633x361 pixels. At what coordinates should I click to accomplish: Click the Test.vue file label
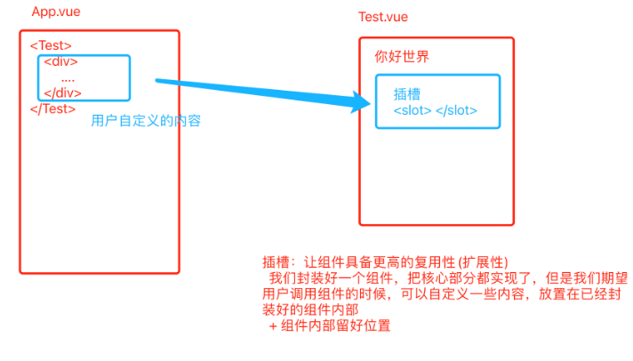click(x=382, y=18)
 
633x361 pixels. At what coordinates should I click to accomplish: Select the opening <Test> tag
click(x=51, y=45)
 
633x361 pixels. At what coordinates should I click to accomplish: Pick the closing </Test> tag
click(x=52, y=109)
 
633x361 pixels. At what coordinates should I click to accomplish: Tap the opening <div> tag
click(x=61, y=61)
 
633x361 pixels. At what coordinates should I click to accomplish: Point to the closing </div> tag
click(x=63, y=92)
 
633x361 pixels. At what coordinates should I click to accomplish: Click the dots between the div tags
click(x=68, y=78)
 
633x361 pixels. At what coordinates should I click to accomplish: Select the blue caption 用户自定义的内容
click(x=146, y=121)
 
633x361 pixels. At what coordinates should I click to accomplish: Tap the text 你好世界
click(x=402, y=57)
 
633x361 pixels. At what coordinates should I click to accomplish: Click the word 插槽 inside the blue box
click(x=406, y=93)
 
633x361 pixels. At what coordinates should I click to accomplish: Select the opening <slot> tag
click(x=413, y=110)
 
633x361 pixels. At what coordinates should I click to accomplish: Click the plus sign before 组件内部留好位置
click(x=273, y=326)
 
